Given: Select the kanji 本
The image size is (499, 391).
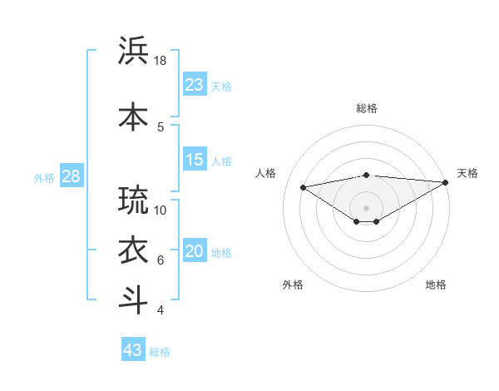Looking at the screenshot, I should (134, 116).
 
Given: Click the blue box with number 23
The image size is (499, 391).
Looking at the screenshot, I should (195, 85).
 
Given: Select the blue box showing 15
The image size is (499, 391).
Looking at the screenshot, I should (195, 160).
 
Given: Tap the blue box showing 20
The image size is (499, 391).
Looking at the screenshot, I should (195, 252).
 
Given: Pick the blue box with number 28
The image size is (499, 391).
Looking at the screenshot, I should (71, 176).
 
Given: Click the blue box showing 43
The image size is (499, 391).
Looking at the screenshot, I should (133, 350).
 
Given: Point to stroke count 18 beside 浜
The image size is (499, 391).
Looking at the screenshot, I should (161, 61).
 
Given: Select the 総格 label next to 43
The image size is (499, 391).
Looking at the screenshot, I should (161, 352).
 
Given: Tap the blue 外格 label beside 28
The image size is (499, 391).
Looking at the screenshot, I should (44, 177).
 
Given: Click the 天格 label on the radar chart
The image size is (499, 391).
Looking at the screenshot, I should (467, 173).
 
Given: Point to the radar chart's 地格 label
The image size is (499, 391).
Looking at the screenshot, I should (436, 285).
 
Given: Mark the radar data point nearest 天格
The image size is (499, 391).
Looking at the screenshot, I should (447, 181).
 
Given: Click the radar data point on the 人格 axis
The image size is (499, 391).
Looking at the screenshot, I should (303, 186).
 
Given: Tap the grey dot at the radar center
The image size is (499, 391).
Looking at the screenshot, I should (366, 207).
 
